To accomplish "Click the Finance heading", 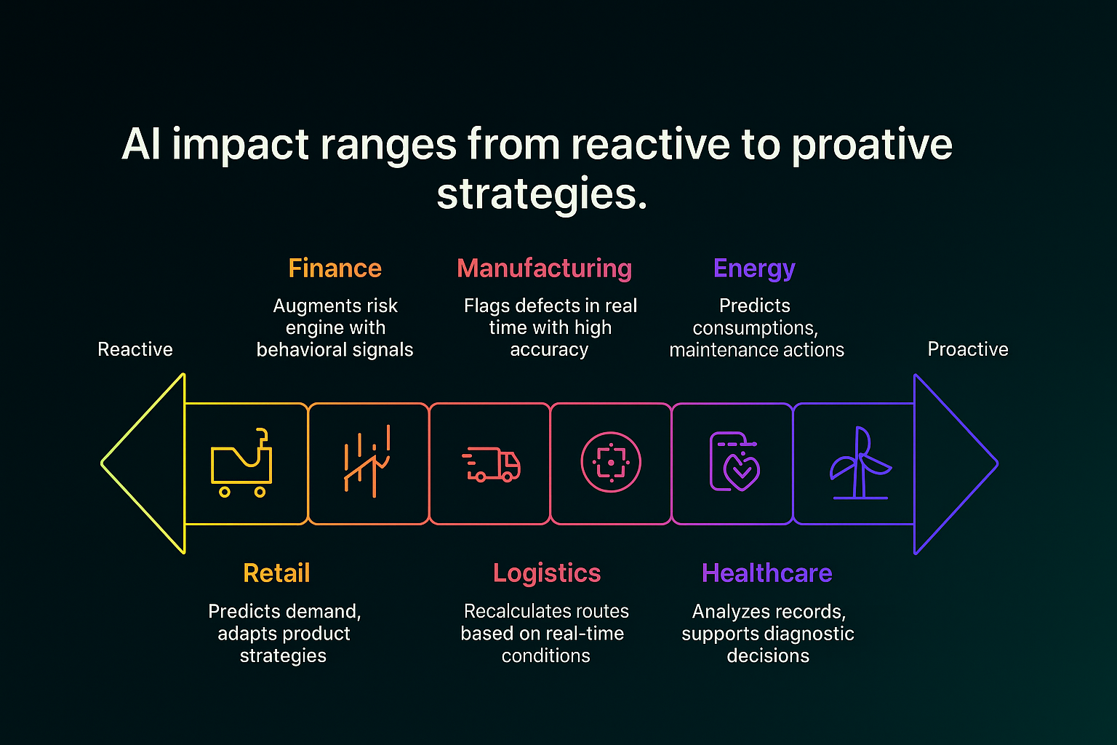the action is (x=335, y=268).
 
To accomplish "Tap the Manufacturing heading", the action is (x=545, y=268).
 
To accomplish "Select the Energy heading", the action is (x=754, y=269).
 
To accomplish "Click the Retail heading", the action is (x=277, y=573).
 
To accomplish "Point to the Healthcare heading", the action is (x=767, y=573).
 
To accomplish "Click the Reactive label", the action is (x=135, y=349).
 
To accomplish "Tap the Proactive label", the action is (x=968, y=349).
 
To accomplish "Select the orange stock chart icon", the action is (x=367, y=461).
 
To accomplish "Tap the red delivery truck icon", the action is (x=491, y=464).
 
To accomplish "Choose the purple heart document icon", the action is (x=734, y=461).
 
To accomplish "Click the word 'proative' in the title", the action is (x=872, y=146).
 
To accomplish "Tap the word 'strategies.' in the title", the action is (x=542, y=194).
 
